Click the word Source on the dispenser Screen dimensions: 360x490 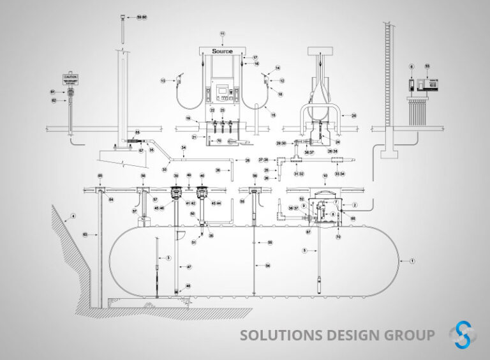[x=222, y=51]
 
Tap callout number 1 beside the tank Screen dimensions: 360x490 [x=412, y=260]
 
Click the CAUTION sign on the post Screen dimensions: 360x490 [x=70, y=78]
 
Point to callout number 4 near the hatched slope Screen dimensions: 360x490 [x=73, y=216]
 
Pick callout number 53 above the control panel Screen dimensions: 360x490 [x=427, y=66]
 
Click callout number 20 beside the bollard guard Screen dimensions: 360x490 [x=354, y=116]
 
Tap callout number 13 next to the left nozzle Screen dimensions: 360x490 [x=163, y=80]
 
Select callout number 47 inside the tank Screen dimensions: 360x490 [x=188, y=267]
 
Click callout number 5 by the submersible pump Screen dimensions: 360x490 [x=305, y=251]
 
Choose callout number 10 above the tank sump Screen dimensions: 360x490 [x=325, y=176]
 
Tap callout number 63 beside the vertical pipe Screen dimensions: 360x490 [x=85, y=235]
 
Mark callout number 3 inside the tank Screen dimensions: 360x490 [x=168, y=257]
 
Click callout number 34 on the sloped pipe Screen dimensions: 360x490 [x=184, y=148]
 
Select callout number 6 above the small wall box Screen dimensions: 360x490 [x=412, y=66]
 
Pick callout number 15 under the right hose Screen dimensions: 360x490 [x=273, y=116]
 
